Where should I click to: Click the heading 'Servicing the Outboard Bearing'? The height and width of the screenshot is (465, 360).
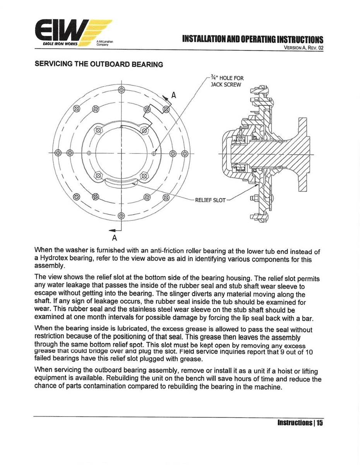tap(99, 64)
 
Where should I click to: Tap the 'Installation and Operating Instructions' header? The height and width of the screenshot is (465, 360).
tap(252, 40)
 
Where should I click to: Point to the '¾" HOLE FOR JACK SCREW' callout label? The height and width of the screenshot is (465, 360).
tap(227, 81)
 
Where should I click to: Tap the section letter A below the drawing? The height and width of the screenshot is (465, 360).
tap(115, 236)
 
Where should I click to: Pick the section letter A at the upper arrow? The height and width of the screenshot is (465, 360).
tap(173, 95)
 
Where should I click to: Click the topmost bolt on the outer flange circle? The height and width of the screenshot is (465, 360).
tap(121, 90)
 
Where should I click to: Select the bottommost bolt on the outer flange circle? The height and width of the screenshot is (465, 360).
tap(121, 215)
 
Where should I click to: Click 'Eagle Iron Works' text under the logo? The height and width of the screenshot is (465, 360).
tap(60, 44)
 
